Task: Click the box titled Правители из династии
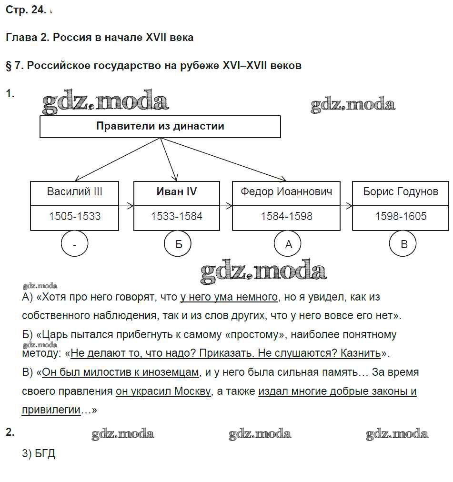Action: (160, 127)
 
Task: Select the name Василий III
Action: (75, 191)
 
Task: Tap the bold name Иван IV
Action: (177, 191)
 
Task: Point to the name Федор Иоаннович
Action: (286, 191)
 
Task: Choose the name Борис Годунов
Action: (400, 191)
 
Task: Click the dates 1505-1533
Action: (75, 216)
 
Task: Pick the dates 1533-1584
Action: (177, 216)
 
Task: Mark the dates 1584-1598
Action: (286, 216)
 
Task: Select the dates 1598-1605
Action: (400, 216)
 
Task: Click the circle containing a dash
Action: (75, 245)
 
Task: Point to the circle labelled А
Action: (288, 245)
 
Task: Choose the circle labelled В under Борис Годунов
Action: (403, 245)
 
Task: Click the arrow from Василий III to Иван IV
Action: (126, 206)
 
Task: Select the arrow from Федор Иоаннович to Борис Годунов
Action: (346, 206)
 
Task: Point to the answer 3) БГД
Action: (39, 453)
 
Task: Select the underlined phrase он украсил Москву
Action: (163, 392)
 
